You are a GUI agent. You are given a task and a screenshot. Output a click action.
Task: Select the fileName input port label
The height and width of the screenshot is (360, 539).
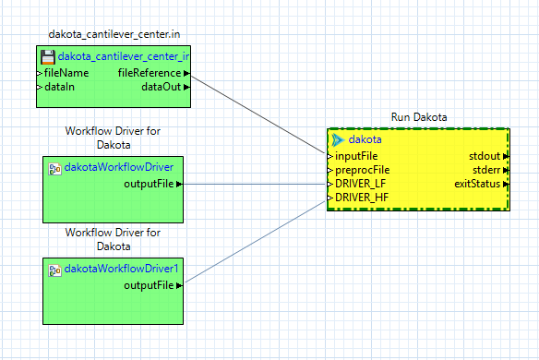(x=66, y=72)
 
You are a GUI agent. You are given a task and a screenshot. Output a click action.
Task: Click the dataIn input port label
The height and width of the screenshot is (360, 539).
(x=60, y=87)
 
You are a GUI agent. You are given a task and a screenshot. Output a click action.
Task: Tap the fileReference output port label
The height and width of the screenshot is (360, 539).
(x=149, y=72)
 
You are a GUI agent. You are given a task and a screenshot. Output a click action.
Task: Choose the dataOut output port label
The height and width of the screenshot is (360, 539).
(x=161, y=87)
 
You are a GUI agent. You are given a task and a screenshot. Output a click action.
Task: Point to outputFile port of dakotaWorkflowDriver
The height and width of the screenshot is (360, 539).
(x=149, y=184)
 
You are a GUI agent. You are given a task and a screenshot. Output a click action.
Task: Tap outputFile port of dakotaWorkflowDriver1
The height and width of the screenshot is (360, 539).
(x=149, y=285)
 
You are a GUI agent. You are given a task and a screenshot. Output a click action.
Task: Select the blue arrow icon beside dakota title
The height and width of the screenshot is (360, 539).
(x=337, y=139)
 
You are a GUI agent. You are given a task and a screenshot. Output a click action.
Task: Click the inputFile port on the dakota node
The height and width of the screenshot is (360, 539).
(x=356, y=156)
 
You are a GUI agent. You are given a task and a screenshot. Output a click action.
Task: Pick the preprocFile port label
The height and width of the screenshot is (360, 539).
(x=362, y=170)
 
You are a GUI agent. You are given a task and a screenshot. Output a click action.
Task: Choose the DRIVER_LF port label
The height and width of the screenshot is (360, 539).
(x=360, y=184)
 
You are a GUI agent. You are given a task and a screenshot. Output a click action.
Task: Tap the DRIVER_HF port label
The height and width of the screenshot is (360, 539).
(x=361, y=198)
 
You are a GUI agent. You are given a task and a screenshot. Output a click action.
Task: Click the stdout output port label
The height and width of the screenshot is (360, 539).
(x=485, y=156)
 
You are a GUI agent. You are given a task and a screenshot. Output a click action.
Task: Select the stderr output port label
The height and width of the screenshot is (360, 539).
(x=486, y=170)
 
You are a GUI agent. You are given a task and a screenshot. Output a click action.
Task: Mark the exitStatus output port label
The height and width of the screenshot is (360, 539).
(x=477, y=184)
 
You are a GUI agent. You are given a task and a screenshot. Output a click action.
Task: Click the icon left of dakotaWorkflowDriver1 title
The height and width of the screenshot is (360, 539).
(x=54, y=269)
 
